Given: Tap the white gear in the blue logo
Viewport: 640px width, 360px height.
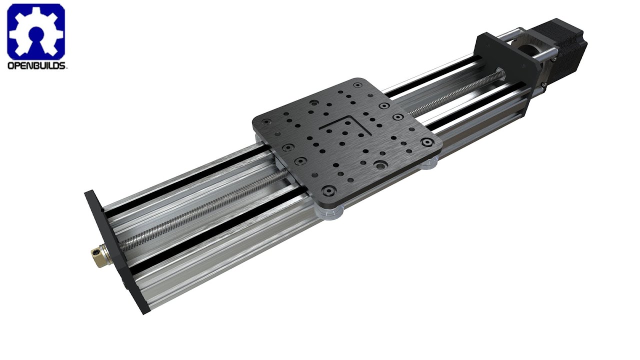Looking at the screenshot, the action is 36,31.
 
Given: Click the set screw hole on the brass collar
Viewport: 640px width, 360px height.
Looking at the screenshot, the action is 95,253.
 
